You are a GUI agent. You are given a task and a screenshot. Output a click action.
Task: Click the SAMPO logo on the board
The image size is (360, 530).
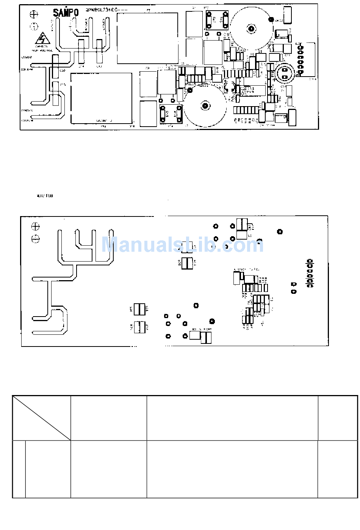pos(66,13)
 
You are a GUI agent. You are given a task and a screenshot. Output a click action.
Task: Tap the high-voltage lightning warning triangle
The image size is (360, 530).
pos(41,39)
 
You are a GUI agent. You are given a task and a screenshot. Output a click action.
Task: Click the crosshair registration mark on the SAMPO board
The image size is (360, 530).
pos(34,15)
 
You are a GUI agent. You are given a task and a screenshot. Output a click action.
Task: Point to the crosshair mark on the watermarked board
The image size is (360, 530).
pos(36,227)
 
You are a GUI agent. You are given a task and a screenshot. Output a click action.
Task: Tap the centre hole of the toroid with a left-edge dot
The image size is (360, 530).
pos(205,106)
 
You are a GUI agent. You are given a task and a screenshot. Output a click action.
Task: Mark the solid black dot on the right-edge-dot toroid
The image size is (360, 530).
pos(271,19)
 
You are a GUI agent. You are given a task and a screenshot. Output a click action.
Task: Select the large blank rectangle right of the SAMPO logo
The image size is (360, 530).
pos(147,38)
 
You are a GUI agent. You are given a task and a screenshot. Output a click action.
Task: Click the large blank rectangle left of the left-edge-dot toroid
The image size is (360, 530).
pos(101,98)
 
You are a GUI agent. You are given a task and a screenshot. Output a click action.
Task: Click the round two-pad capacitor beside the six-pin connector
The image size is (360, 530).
pos(284,73)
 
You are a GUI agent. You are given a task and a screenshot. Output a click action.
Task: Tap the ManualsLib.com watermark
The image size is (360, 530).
pos(182,245)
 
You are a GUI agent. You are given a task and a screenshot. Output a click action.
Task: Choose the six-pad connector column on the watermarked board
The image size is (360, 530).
pos(310,273)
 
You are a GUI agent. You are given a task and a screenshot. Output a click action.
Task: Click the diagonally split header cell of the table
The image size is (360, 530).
pos(42,418)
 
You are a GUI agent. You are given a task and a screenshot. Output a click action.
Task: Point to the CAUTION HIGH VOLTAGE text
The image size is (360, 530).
pos(41,48)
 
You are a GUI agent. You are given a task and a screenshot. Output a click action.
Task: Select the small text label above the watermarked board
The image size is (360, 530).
pos(44,196)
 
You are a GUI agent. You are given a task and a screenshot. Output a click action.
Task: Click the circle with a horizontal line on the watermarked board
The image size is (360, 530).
pos(36,239)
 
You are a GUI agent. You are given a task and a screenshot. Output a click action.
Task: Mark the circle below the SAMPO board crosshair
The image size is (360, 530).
pos(34,26)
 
